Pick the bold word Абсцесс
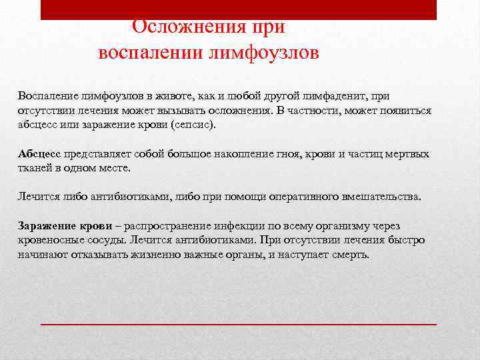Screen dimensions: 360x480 (38, 153)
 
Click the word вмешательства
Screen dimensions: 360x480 (381, 197)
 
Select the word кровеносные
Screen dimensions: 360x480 (51, 240)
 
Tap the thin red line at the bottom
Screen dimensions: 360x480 (239, 323)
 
